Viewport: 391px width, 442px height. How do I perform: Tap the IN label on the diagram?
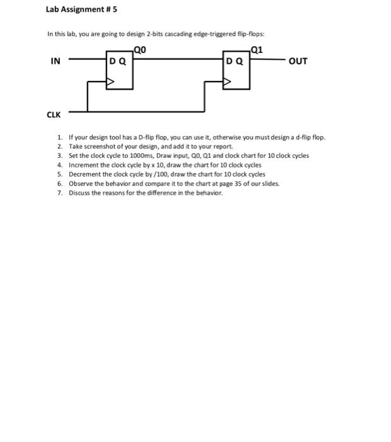(55, 61)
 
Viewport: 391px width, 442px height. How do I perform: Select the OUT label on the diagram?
(298, 61)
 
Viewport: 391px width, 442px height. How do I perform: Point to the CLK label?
(54, 114)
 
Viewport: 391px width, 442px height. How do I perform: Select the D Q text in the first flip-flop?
(118, 61)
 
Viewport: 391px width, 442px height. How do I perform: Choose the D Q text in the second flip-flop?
(235, 61)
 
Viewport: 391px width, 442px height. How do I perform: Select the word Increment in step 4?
(83, 165)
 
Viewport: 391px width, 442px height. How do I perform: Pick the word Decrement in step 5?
(85, 174)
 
